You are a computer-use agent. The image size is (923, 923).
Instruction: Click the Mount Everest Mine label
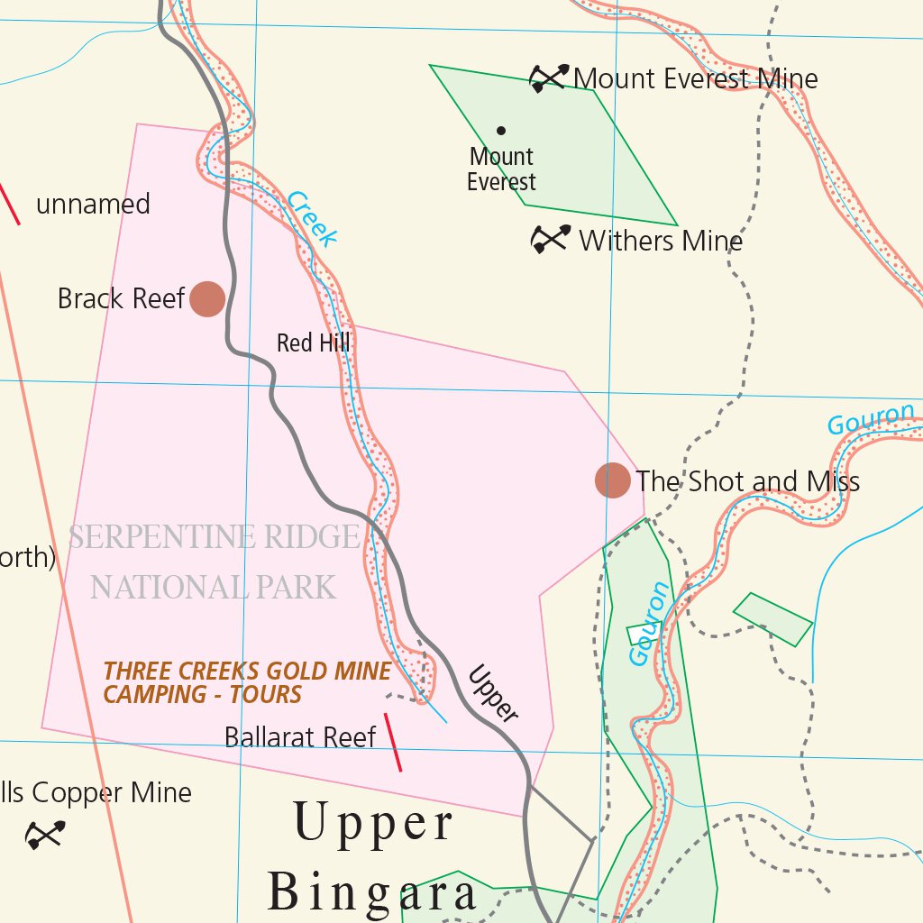click(695, 79)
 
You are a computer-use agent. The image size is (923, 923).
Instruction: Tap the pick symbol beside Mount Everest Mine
click(549, 78)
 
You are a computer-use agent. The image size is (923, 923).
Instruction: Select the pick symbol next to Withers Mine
click(550, 239)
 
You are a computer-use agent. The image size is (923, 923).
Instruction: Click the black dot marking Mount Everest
click(501, 131)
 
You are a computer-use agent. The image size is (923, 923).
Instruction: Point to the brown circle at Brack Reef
click(207, 298)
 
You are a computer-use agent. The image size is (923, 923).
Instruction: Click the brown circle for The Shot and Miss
click(613, 480)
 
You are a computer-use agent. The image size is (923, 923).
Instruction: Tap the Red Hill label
click(313, 343)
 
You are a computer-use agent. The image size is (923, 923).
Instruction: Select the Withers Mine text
click(661, 241)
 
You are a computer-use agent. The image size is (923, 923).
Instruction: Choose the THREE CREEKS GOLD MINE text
click(247, 672)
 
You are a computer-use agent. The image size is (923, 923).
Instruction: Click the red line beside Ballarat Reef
click(393, 742)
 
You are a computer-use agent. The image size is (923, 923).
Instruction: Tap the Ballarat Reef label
click(300, 737)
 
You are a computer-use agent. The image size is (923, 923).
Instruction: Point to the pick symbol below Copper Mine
click(45, 835)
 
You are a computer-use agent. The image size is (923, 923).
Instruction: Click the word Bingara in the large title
click(372, 893)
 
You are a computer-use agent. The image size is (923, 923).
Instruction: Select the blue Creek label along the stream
click(314, 219)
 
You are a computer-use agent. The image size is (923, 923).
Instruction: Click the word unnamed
click(93, 205)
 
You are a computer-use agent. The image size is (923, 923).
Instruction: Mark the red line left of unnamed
click(9, 204)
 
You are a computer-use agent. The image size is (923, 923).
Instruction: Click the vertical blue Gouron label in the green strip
click(649, 624)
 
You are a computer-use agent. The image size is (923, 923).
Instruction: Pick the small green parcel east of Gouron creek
click(772, 619)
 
